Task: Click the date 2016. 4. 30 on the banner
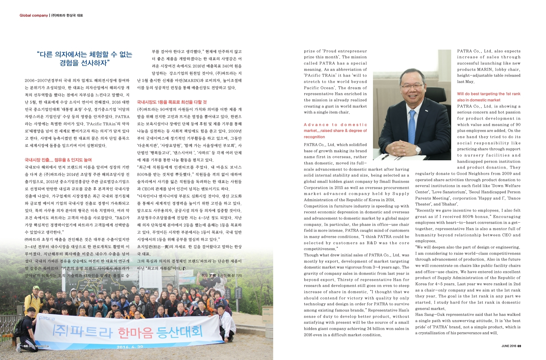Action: [x=130, y=347]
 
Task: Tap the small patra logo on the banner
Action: [x=47, y=318]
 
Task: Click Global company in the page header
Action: [x=33, y=15]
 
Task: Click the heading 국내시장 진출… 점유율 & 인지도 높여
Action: [x=58, y=160]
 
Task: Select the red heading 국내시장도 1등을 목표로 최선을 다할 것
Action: [x=172, y=102]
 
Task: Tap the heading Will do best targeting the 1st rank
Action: [x=489, y=94]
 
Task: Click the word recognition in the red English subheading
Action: [x=314, y=137]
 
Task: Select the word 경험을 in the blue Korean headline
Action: [x=71, y=63]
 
